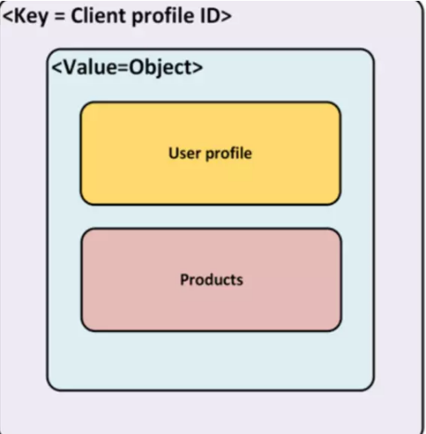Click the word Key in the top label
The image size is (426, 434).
tap(31, 17)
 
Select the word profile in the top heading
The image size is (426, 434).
tap(163, 17)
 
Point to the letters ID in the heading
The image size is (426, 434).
tap(209, 16)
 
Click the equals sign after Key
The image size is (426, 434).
tap(59, 16)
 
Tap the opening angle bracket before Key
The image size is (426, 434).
tap(8, 17)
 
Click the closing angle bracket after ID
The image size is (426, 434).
tap(226, 17)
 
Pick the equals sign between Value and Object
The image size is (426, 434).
tap(123, 68)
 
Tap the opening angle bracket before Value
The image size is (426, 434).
tap(57, 68)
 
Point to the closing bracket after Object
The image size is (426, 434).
tap(198, 68)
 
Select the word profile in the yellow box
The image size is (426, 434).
tap(228, 154)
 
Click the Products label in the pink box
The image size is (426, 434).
tap(212, 280)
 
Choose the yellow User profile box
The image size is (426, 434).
tap(210, 154)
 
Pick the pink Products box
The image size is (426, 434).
tap(211, 280)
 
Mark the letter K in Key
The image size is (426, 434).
tap(18, 16)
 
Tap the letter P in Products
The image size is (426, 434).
tap(184, 280)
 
